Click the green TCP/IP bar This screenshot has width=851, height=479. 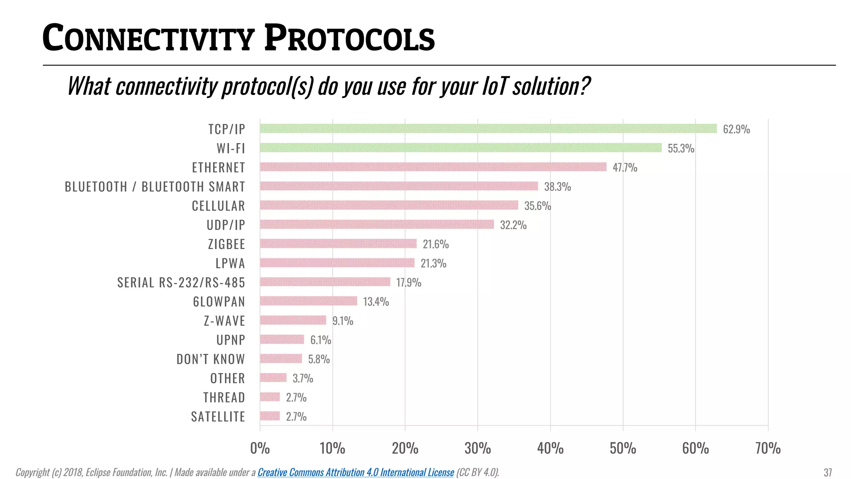(488, 128)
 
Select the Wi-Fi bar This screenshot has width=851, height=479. (460, 148)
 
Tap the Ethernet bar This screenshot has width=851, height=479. (433, 167)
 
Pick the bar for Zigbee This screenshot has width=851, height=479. (338, 244)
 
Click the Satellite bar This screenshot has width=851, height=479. (270, 416)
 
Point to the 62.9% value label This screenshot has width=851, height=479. (736, 129)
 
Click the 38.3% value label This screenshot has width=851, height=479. (557, 187)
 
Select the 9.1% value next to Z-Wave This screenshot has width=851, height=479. (342, 321)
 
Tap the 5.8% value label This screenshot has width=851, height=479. (319, 359)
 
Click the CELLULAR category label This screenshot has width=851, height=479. (218, 206)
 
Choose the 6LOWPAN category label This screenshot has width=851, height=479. (219, 302)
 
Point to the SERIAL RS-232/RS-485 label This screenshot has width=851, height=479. (181, 283)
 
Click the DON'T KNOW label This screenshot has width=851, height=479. (211, 359)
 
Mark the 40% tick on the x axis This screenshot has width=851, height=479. (550, 449)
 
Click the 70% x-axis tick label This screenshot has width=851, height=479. (767, 449)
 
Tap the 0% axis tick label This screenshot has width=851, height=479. (260, 449)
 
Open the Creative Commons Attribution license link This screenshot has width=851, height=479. (356, 472)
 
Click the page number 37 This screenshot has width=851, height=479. (827, 473)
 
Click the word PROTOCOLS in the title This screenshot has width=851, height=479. (349, 39)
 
